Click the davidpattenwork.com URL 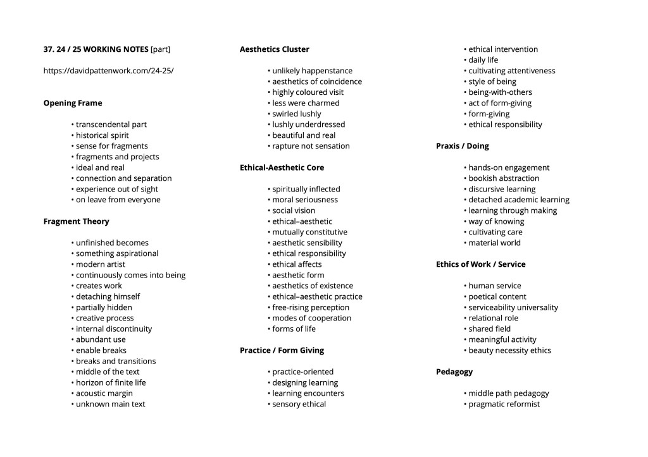(x=108, y=71)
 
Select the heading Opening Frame (x=73, y=103)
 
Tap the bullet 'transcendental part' (x=111, y=125)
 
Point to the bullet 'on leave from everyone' (x=118, y=200)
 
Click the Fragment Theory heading (x=76, y=221)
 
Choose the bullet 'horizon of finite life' (x=111, y=382)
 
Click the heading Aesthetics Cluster (x=275, y=49)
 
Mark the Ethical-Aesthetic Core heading (x=282, y=168)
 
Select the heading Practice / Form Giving (x=282, y=350)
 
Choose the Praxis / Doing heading (x=463, y=146)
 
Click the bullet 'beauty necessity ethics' (x=509, y=350)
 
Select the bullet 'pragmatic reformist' (x=504, y=404)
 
